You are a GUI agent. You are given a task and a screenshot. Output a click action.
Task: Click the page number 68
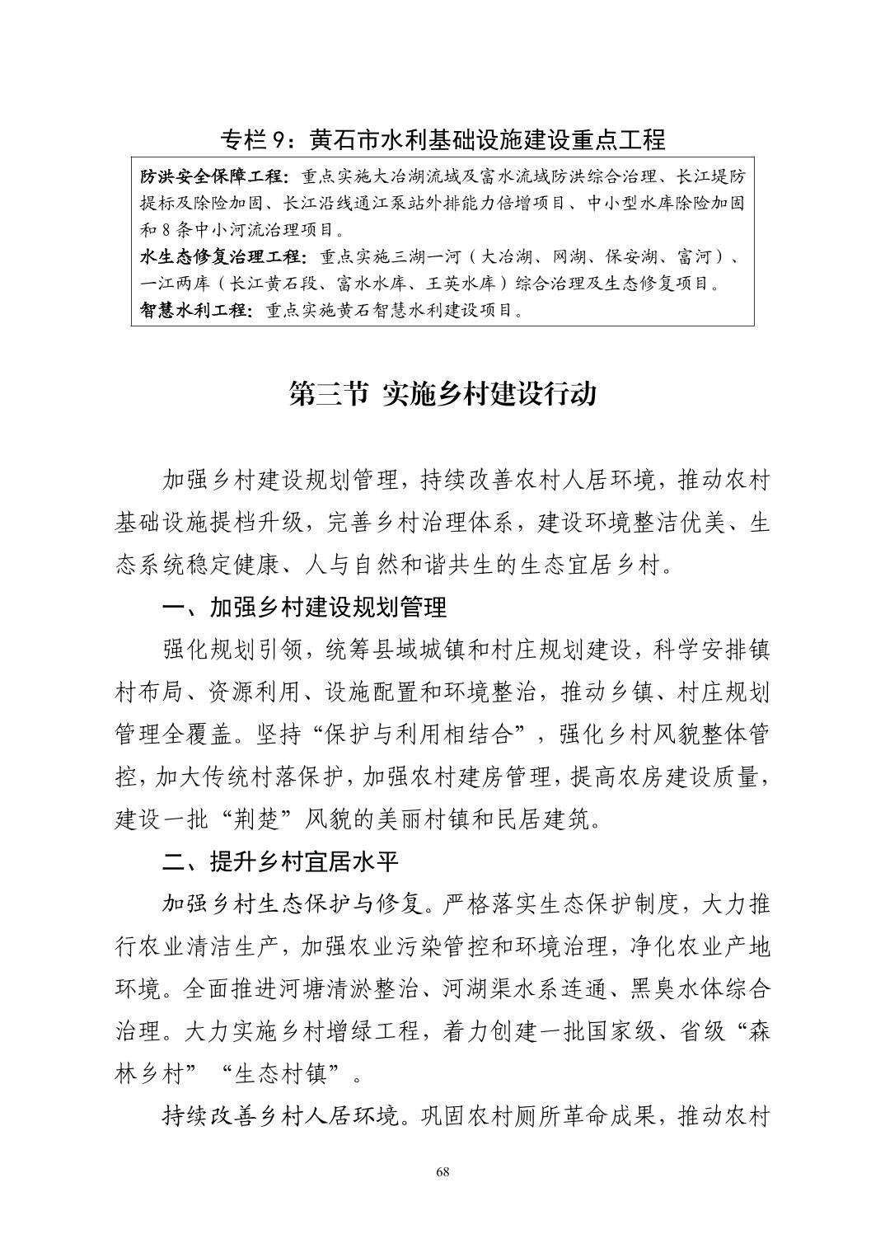pos(442,1172)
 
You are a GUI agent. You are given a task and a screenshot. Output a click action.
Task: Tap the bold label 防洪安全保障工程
pos(213,177)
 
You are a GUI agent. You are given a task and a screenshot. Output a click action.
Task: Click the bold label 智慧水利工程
pos(195,311)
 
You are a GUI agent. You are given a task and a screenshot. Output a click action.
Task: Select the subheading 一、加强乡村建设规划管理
pos(305,608)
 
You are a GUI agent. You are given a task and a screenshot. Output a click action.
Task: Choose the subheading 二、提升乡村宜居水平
pos(281,862)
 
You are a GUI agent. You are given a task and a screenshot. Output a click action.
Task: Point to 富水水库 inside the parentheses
pos(371,284)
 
